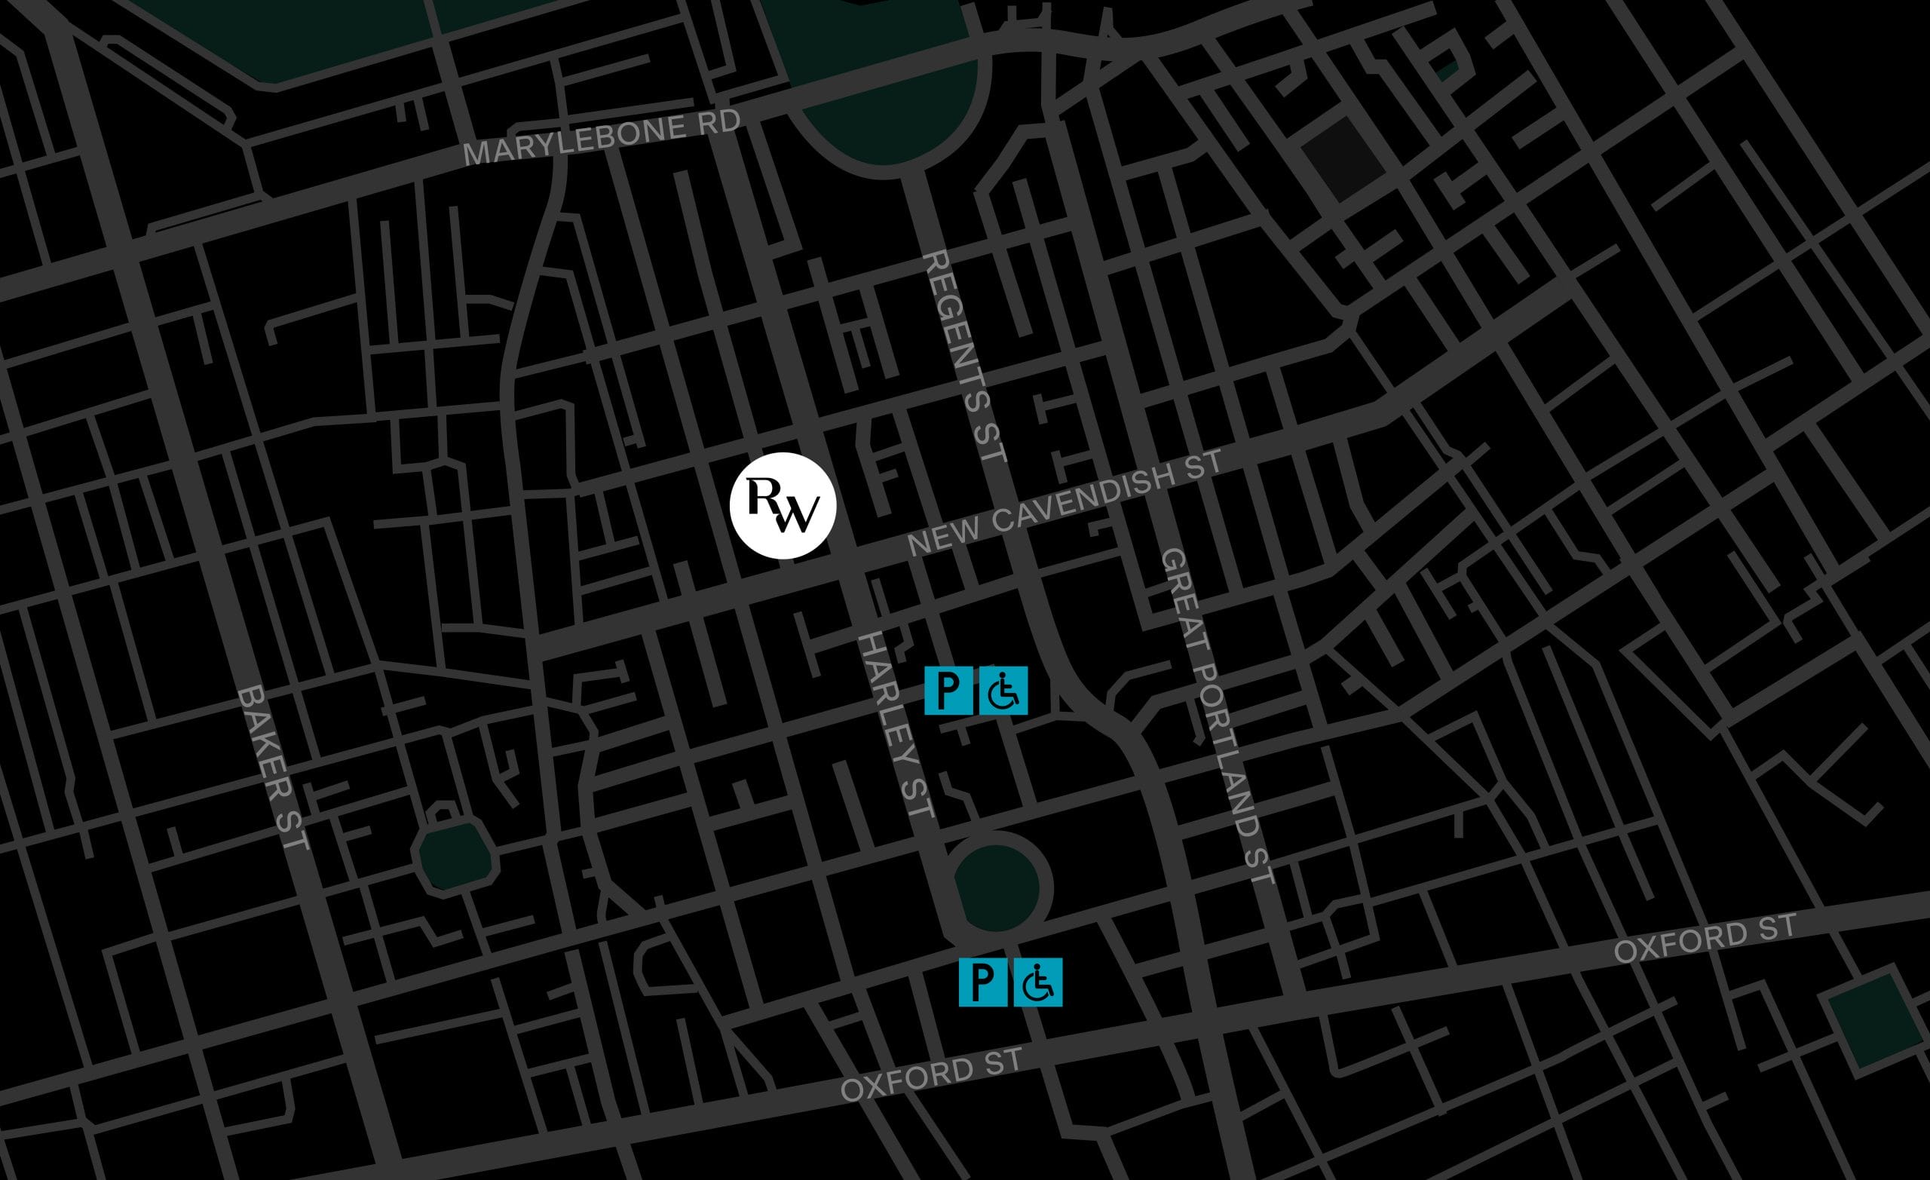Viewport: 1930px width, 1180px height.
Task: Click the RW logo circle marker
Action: (783, 505)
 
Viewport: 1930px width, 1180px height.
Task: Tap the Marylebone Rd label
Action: (602, 139)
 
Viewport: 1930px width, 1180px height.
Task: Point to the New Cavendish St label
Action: (1065, 503)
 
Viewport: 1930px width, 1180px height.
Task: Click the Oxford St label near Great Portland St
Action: (1705, 940)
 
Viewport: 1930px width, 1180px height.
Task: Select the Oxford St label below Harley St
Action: (931, 1075)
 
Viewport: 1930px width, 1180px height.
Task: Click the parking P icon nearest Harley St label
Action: (948, 691)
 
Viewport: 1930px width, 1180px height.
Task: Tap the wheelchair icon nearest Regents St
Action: (1003, 691)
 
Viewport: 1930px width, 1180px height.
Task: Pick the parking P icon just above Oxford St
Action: (983, 982)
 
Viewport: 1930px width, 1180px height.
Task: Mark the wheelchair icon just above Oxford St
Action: (1039, 982)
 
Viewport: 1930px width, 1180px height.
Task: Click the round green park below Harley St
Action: (997, 887)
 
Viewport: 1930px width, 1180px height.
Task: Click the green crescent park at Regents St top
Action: (893, 118)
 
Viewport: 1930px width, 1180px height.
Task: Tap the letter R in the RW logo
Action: (763, 496)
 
